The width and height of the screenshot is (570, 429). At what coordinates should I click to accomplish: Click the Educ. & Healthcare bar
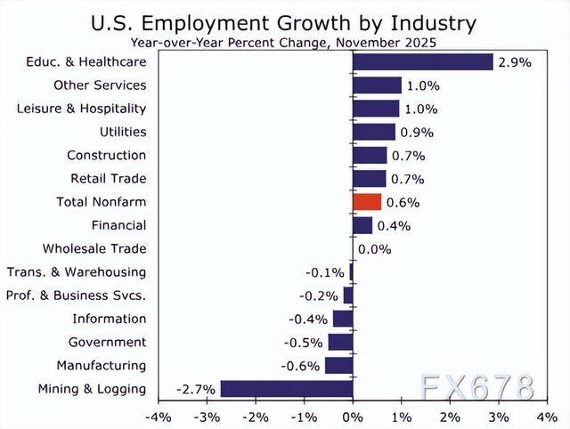pyautogui.click(x=423, y=61)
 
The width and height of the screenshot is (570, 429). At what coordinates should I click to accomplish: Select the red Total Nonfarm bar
pyautogui.click(x=367, y=202)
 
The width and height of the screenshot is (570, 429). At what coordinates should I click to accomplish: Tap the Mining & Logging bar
pyautogui.click(x=287, y=389)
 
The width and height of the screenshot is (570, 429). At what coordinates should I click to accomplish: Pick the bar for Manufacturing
pyautogui.click(x=339, y=366)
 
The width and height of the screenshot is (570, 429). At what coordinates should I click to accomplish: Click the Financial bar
pyautogui.click(x=362, y=226)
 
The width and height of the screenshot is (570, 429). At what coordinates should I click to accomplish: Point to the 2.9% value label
pyautogui.click(x=514, y=62)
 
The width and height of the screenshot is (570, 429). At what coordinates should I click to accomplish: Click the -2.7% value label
pyautogui.click(x=195, y=389)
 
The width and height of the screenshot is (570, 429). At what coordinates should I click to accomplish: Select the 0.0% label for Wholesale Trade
pyautogui.click(x=375, y=249)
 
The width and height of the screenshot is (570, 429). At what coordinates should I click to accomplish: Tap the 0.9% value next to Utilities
pyautogui.click(x=416, y=133)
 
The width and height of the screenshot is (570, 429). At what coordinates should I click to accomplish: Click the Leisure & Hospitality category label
pyautogui.click(x=82, y=109)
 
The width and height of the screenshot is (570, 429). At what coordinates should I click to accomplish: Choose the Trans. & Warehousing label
pyautogui.click(x=77, y=272)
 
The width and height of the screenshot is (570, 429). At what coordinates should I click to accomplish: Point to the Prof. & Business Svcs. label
pyautogui.click(x=76, y=295)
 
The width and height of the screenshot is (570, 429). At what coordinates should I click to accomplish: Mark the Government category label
pyautogui.click(x=107, y=343)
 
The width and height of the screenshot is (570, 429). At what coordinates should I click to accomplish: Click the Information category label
pyautogui.click(x=110, y=319)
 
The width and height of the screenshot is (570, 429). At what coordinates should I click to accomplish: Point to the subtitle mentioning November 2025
pyautogui.click(x=285, y=42)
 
